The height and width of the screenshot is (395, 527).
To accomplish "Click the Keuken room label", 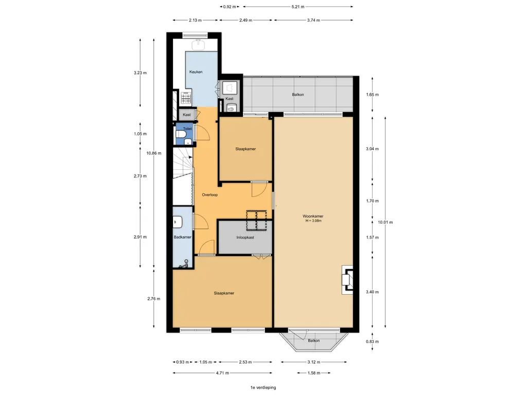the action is pos(196,72).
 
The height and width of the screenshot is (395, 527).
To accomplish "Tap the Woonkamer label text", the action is pos(313,217).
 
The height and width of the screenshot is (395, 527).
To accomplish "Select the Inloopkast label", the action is pos(245,238).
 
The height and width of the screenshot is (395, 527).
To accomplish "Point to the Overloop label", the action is pos(210,195).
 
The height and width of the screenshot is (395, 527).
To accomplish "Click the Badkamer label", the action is pos(183,237).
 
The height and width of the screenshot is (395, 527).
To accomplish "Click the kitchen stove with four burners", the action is pos(186,98).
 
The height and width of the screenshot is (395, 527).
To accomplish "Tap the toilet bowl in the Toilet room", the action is pos(181,135).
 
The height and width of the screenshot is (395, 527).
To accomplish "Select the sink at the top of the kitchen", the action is pos(199,45).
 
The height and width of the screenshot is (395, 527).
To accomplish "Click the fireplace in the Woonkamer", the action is pos(347,280).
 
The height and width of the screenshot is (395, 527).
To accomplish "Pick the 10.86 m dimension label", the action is pos(153,153).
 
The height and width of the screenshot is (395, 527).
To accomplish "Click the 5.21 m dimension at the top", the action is pos(298,7).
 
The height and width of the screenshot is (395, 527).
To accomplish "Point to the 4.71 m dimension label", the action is pos(222,373).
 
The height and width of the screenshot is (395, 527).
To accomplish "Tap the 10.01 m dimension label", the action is pos(385,222).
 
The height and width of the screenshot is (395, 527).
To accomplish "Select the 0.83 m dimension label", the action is pos(373,342).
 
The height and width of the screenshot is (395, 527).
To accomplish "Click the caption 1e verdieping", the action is pos(263,388).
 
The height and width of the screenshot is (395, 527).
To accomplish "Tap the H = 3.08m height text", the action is pos(313,221).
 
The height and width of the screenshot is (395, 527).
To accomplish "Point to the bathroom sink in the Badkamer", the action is pos(178,222).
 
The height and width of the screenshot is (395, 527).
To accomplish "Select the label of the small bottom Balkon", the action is pos(314,340).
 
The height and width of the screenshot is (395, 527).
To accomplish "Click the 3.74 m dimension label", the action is pos(313,20).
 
